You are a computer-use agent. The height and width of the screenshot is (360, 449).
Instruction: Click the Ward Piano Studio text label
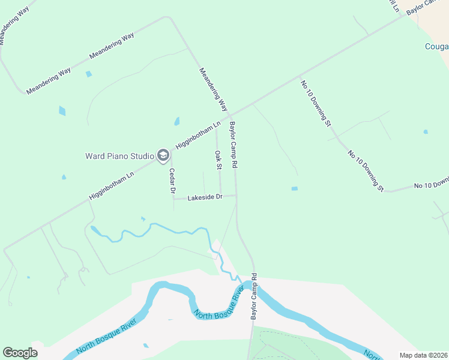(119, 156)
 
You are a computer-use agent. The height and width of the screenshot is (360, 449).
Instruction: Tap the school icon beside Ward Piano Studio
(163, 156)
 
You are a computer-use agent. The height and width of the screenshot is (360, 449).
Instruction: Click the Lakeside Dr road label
(205, 197)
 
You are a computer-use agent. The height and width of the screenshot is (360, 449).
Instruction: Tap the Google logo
(20, 352)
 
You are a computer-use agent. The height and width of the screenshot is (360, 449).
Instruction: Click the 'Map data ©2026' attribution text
(423, 355)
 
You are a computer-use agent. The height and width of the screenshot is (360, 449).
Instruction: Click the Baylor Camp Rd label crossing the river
(254, 296)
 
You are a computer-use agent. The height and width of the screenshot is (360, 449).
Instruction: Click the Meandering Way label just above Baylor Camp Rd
(214, 89)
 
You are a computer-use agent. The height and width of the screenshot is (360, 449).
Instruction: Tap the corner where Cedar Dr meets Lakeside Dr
(173, 197)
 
